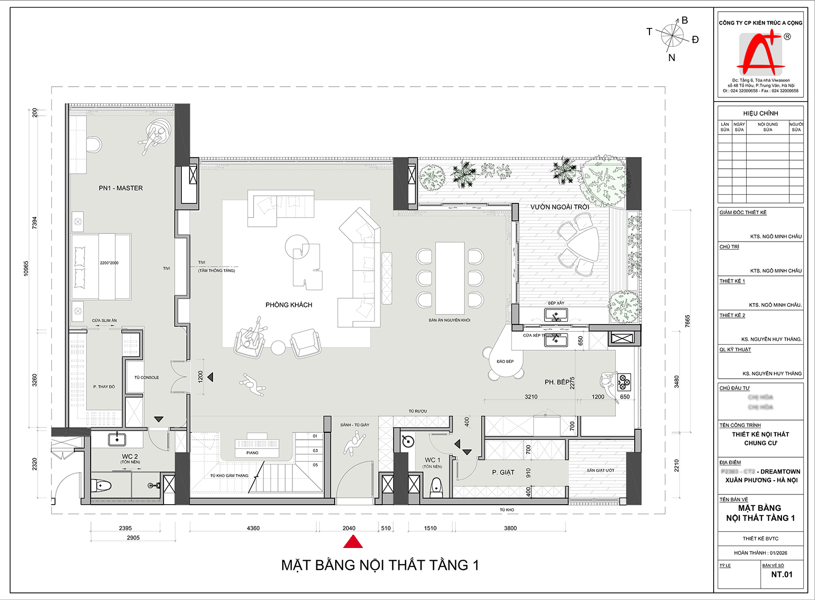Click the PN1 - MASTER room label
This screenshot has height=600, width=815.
pyautogui.click(x=121, y=188)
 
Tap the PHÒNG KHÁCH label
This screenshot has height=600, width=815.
pyautogui.click(x=289, y=305)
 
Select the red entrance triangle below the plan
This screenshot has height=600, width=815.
pyautogui.click(x=353, y=542)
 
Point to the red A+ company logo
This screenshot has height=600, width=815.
pyautogui.click(x=760, y=54)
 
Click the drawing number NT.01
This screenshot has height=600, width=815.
pyautogui.click(x=781, y=575)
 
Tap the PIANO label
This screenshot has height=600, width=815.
pyautogui.click(x=252, y=453)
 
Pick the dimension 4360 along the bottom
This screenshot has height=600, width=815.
pyautogui.click(x=253, y=528)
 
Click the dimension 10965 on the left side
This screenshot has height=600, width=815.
pyautogui.click(x=26, y=269)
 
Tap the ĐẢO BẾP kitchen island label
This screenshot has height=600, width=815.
pyautogui.click(x=505, y=361)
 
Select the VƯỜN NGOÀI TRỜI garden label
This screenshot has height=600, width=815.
pyautogui.click(x=559, y=207)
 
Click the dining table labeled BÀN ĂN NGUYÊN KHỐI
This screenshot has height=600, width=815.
pyautogui.click(x=449, y=278)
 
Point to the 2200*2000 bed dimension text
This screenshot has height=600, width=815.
pyautogui.click(x=109, y=263)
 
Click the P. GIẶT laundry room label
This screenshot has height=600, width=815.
pyautogui.click(x=503, y=473)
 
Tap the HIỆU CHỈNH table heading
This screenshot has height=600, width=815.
pyautogui.click(x=760, y=113)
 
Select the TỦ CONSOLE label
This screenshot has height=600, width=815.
pyautogui.click(x=147, y=378)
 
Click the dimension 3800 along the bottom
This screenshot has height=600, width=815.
pyautogui.click(x=510, y=528)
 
